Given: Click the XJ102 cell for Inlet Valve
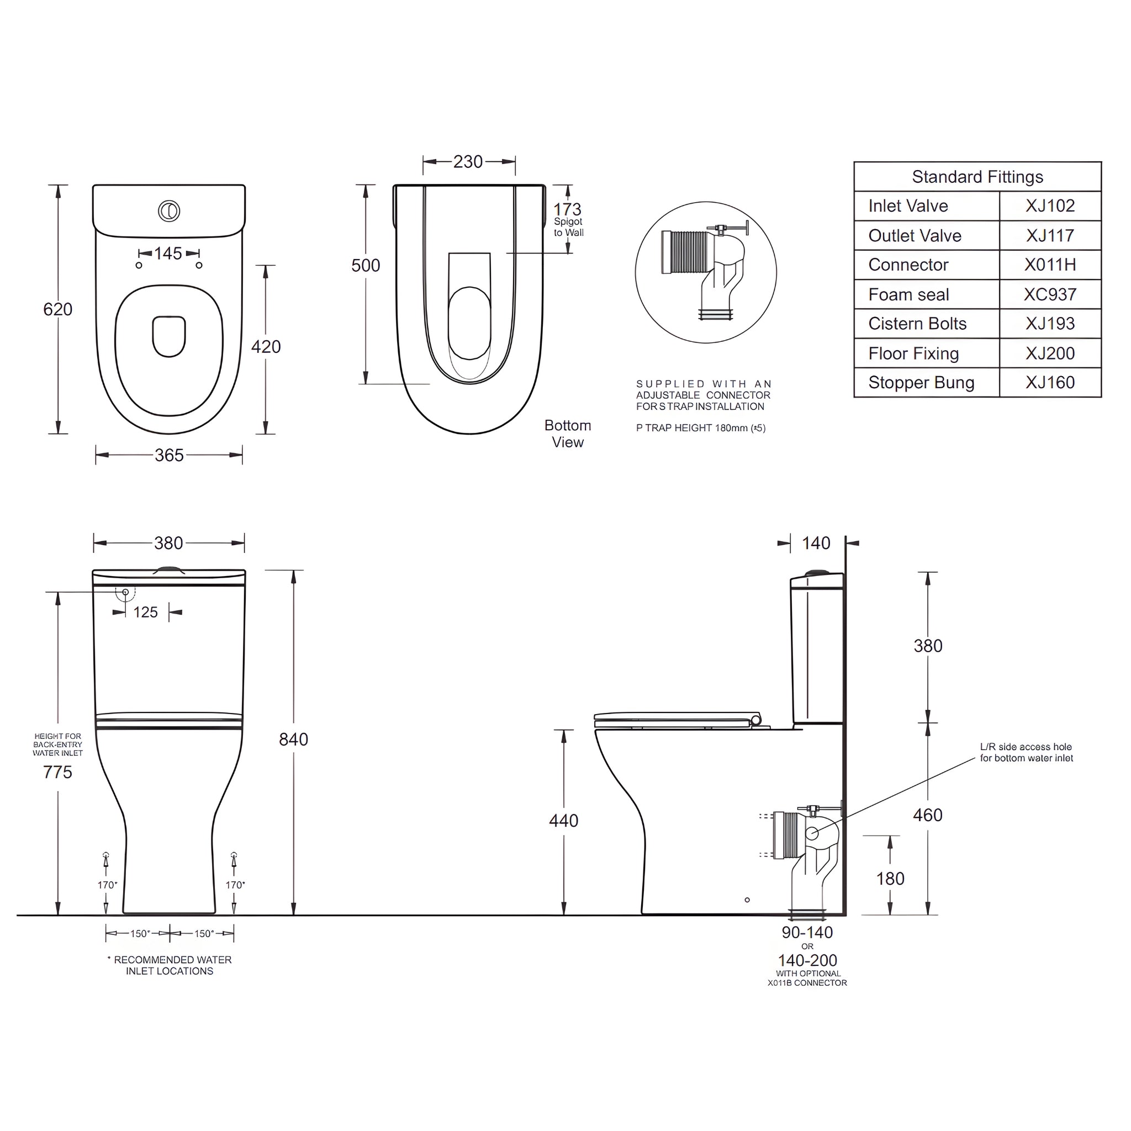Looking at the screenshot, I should [x=1050, y=206].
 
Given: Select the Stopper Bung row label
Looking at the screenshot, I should [x=921, y=382].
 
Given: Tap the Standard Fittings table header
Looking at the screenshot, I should [x=977, y=177].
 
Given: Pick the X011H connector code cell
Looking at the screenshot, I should [x=1050, y=265].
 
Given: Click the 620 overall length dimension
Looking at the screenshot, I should [x=57, y=309].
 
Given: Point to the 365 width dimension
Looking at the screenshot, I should [x=168, y=455].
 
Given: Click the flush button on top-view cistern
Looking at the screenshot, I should [x=169, y=212].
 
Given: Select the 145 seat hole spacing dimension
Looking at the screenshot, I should [x=168, y=253].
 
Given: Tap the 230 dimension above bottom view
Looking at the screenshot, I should [x=468, y=162].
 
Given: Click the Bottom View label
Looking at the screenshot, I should [x=567, y=433].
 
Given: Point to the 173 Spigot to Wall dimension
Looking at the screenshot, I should [x=567, y=209].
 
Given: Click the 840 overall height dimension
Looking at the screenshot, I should [x=293, y=739].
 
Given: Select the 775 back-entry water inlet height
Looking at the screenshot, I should [x=57, y=772].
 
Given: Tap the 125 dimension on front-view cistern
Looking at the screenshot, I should [x=145, y=612].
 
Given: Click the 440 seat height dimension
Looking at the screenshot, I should [x=563, y=821].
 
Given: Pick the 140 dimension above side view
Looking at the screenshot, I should [x=816, y=543].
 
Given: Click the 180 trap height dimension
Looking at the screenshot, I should [x=890, y=879].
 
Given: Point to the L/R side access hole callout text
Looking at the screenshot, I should [x=1026, y=752].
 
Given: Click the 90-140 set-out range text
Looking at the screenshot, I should [x=807, y=933].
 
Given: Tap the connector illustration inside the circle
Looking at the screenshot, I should [x=705, y=269].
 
